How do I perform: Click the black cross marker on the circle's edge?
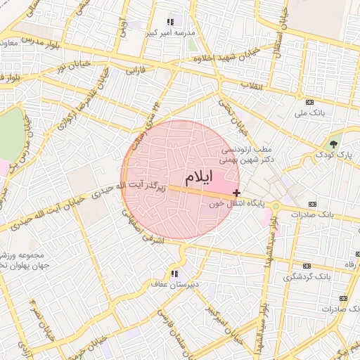pos(236,193)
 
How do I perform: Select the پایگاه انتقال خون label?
pos(236,203)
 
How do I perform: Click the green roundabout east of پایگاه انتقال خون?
pos(276,206)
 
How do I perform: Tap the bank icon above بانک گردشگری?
pos(307,266)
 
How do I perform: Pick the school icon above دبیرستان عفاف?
pos(174,273)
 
